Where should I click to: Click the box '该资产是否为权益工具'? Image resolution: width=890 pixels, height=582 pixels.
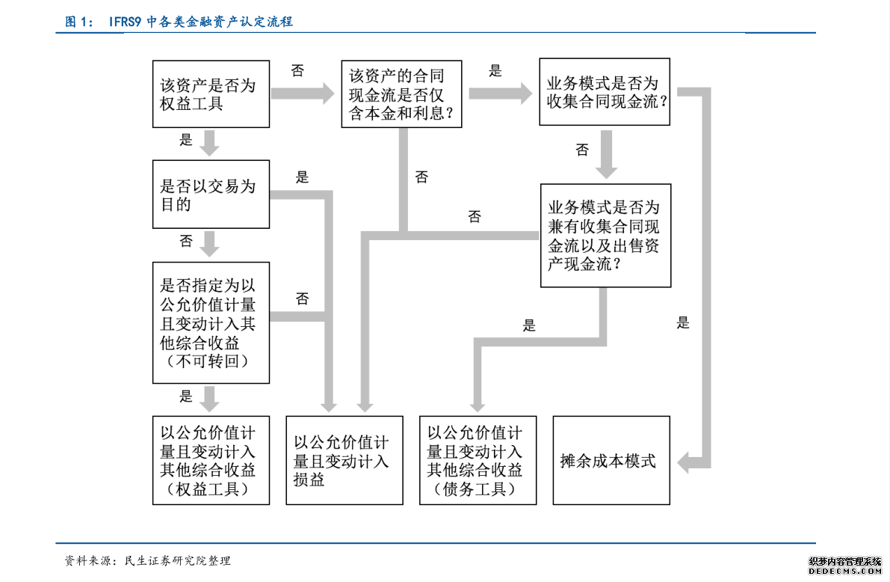[x=211, y=94]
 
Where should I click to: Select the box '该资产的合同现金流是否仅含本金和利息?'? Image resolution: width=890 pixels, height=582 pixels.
[x=401, y=94]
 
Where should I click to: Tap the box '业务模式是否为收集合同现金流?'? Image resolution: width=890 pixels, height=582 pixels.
[x=605, y=91]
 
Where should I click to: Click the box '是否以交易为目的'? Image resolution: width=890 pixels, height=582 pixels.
[x=211, y=194]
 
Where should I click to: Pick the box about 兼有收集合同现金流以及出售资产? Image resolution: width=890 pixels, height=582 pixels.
[x=605, y=236]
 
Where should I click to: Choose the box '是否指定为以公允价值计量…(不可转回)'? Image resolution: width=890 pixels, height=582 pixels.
[x=211, y=322]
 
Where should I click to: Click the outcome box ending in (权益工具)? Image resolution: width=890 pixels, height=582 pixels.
[x=211, y=460]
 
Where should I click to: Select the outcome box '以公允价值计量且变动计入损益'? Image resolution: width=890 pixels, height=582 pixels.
[x=344, y=460]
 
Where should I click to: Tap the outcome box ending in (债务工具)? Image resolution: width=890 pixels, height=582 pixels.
[x=478, y=460]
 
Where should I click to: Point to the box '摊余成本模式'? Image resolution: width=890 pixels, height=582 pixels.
[x=611, y=460]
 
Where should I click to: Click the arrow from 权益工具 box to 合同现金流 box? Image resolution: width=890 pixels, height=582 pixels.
[x=303, y=94]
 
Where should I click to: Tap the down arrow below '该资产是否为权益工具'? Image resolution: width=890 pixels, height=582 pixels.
[x=209, y=143]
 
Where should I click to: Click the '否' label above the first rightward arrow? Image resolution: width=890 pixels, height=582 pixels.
[x=298, y=70]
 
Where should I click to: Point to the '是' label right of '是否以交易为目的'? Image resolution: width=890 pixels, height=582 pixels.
[x=302, y=177]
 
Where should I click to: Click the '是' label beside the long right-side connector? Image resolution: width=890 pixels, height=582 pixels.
[x=683, y=323]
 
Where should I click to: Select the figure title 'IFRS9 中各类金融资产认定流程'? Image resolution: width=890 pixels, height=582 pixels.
[x=201, y=22]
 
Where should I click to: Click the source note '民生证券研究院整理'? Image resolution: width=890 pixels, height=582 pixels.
[x=178, y=561]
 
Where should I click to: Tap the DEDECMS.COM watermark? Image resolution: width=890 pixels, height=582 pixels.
[x=845, y=571]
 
